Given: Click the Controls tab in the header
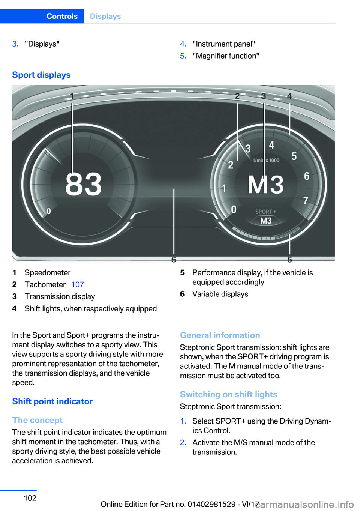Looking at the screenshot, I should coord(62,16).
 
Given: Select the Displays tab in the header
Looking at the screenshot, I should coord(105,16).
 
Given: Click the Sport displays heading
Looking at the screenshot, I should coord(41,75).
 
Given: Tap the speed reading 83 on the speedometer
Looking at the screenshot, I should coord(83,184).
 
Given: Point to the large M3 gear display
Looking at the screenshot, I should coord(265,185).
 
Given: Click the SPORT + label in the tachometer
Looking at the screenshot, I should coord(265,212).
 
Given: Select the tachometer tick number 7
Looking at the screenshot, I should coord(306,201).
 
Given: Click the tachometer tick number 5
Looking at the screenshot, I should coord(294,156).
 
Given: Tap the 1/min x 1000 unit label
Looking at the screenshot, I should coord(266,160).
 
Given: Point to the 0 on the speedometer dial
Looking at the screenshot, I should coord(49,211).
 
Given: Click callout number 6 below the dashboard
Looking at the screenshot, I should coord(174,260).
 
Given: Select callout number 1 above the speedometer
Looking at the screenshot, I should coord(72,96).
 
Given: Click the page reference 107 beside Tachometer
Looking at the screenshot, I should coord(78,284).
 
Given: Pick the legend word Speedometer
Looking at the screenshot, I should coord(48,272).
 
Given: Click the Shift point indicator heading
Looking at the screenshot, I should coord(52,401).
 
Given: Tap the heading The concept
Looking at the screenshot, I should coord(37,420).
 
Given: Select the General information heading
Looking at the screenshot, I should coord(220,335).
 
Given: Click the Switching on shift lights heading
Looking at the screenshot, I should coord(228,394).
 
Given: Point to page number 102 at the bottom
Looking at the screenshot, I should coord(30,498).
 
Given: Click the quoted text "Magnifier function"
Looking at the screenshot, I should coord(226,56).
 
